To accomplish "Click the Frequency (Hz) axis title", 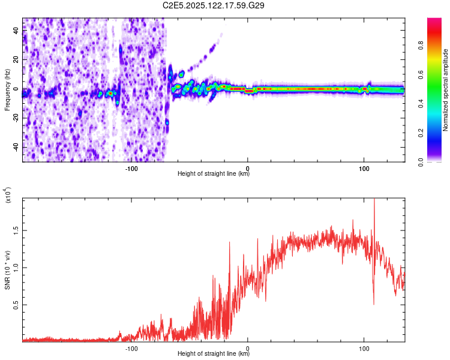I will coord(8,91).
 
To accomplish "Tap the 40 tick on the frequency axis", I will coord(16,31).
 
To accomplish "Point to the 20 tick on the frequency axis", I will coord(16,60).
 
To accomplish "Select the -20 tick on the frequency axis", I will coord(14,118).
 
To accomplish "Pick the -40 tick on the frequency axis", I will coord(14,147).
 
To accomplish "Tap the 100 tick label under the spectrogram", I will coord(364,169).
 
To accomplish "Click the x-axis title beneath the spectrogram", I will coord(214,174).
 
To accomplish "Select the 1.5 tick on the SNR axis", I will coord(16,230).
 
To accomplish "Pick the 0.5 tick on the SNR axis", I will coord(16,305).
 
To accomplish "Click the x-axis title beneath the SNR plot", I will coord(214,354).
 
